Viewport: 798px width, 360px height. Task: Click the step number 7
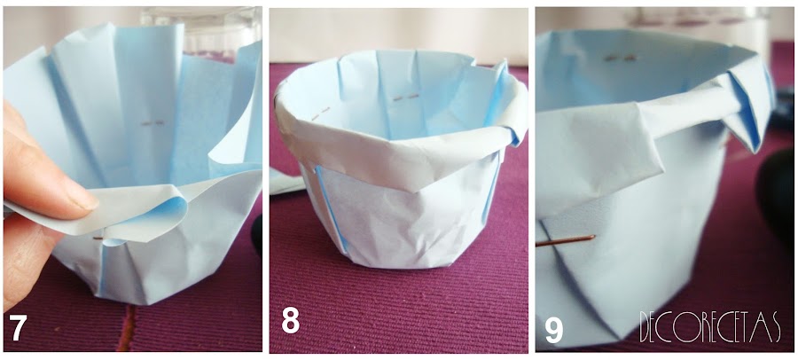pos(18,328)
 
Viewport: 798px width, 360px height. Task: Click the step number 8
pos(291,321)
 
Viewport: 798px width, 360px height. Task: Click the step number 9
pos(554,331)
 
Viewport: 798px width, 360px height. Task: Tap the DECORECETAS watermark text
pos(710,327)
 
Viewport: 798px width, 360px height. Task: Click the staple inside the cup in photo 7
pos(153,122)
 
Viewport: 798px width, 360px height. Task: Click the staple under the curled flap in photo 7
pos(98,238)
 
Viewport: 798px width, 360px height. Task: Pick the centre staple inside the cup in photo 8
pos(405,97)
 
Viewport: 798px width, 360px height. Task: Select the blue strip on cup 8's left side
pos(331,208)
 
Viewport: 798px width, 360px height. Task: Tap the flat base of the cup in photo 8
pos(407,263)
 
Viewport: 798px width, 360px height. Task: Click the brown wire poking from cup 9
pos(565,240)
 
